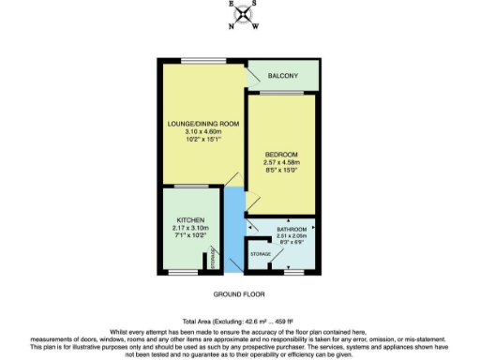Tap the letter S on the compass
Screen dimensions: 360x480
[258, 4]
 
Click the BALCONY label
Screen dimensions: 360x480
[283, 76]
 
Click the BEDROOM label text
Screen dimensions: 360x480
[281, 154]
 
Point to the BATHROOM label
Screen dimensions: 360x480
[278, 229]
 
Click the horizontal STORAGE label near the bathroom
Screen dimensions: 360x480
[261, 254]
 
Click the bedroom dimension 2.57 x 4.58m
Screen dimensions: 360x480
[281, 162]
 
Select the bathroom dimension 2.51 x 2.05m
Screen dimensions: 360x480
[278, 236]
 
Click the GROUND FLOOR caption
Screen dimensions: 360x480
[240, 294]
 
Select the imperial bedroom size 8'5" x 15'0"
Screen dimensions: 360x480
[281, 171]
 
